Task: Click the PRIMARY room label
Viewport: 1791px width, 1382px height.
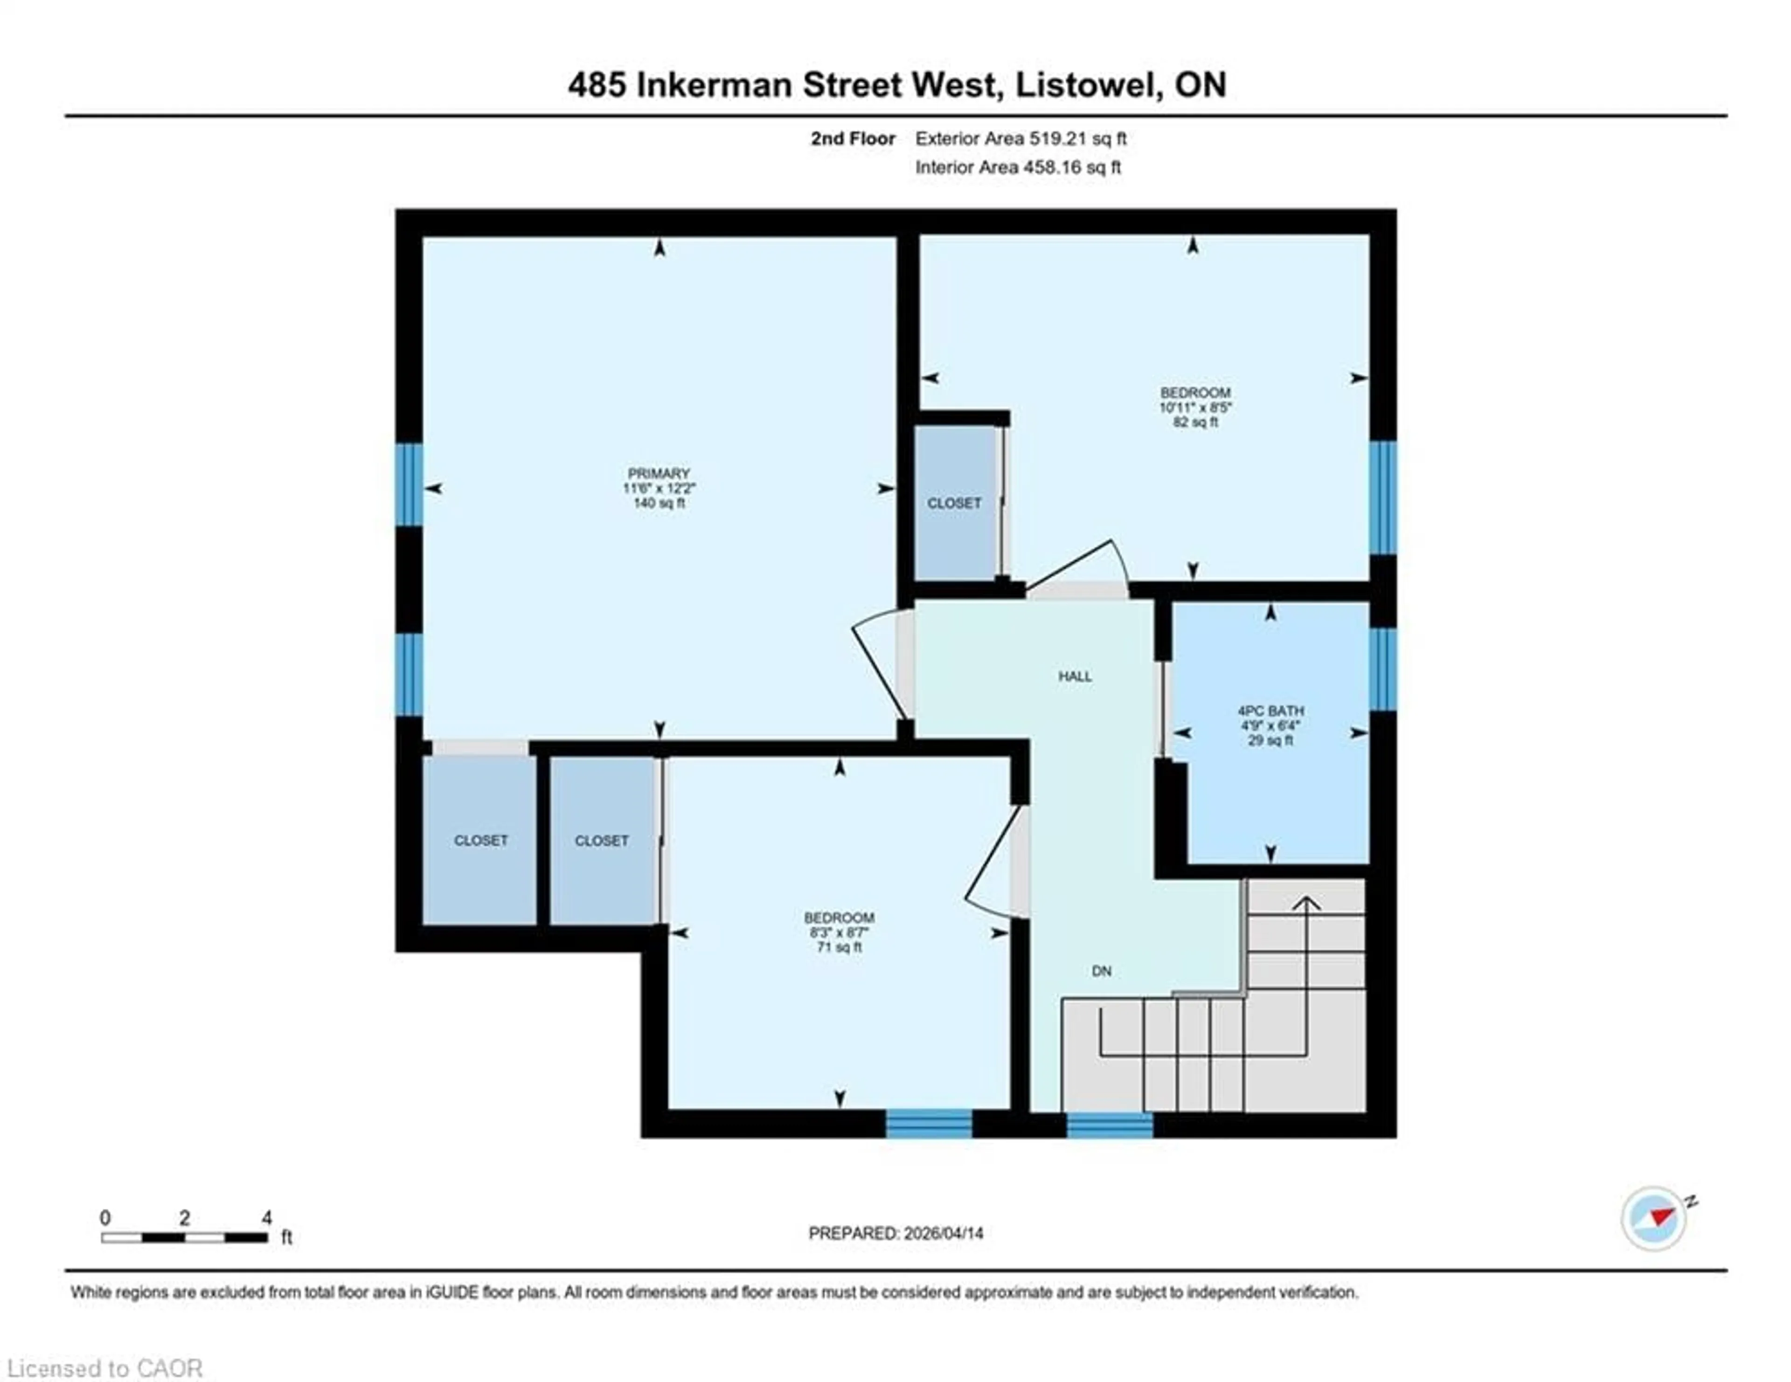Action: coord(659,473)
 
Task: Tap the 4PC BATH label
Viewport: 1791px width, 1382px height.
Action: coord(1270,711)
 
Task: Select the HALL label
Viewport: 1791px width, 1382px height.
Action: coord(1074,676)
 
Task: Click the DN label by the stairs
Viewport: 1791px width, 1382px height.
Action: coord(1101,970)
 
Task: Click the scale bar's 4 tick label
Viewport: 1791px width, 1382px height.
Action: coord(266,1218)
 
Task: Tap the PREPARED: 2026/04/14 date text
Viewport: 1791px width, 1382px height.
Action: coord(895,1233)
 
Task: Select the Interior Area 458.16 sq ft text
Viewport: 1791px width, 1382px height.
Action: coord(1018,167)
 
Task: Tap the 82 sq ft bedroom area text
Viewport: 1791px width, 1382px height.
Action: coord(1195,422)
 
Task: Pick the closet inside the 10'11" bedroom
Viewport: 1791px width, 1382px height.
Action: coord(954,503)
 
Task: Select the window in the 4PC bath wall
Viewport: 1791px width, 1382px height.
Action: coord(1382,669)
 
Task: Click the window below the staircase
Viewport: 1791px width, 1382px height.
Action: coord(1110,1125)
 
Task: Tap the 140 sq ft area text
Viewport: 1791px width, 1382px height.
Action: coord(659,503)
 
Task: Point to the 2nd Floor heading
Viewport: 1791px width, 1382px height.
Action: coord(853,138)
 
